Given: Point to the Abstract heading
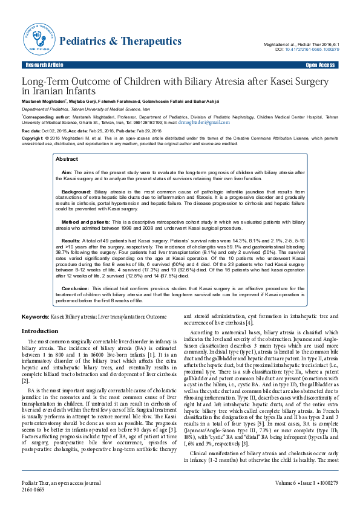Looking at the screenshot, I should pyautogui.click(x=67, y=159).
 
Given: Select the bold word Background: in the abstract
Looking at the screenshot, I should pyautogui.click(x=76, y=191).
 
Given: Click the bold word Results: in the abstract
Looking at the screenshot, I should pyautogui.click(x=71, y=241).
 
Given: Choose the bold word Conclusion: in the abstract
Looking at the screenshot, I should pyautogui.click(x=76, y=289).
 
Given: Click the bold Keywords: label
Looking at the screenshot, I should pyautogui.click(x=35, y=317).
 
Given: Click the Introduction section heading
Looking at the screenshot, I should pyautogui.click(x=39, y=331).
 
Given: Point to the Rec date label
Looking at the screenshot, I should pyautogui.click(x=31, y=131).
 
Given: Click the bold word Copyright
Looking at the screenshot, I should pyautogui.click(x=33, y=138).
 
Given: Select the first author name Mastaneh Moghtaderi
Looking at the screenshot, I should pyautogui.click(x=44, y=101).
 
